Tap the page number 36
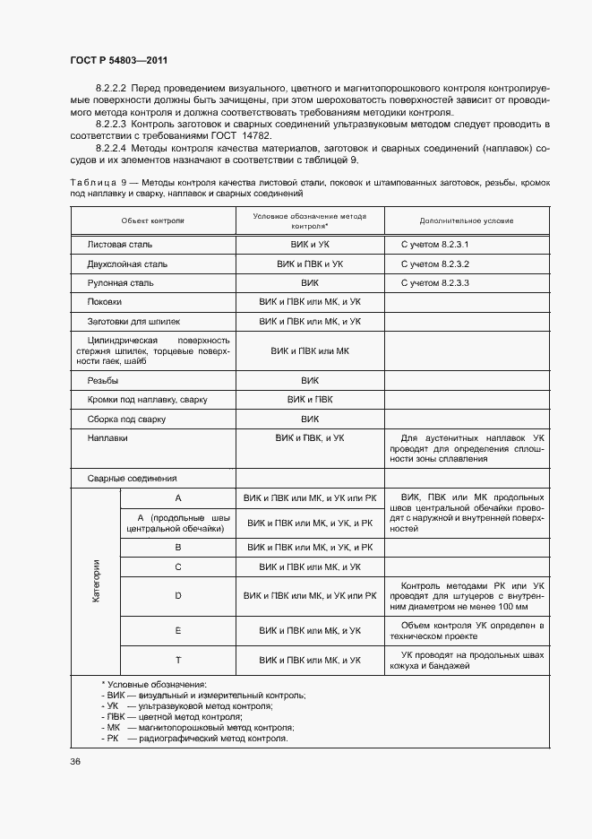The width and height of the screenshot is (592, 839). pyautogui.click(x=75, y=761)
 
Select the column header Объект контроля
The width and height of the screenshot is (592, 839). pyautogui.click(x=152, y=220)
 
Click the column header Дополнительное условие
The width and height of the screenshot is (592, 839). pyautogui.click(x=466, y=220)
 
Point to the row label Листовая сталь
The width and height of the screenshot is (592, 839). pyautogui.click(x=120, y=244)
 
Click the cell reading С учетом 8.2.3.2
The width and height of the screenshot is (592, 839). pyautogui.click(x=434, y=264)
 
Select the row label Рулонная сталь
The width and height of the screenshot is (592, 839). pyautogui.click(x=121, y=283)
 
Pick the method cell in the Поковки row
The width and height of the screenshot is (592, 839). pyautogui.click(x=310, y=302)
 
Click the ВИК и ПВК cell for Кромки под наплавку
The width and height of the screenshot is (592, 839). pyautogui.click(x=310, y=400)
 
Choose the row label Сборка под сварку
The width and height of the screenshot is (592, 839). pyautogui.click(x=127, y=419)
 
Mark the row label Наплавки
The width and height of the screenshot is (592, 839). pyautogui.click(x=107, y=438)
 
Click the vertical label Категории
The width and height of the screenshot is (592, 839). pyautogui.click(x=95, y=581)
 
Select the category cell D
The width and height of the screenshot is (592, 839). pyautogui.click(x=178, y=595)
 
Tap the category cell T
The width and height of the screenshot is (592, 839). pyautogui.click(x=178, y=660)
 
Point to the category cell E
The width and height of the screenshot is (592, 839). pyautogui.click(x=178, y=631)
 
